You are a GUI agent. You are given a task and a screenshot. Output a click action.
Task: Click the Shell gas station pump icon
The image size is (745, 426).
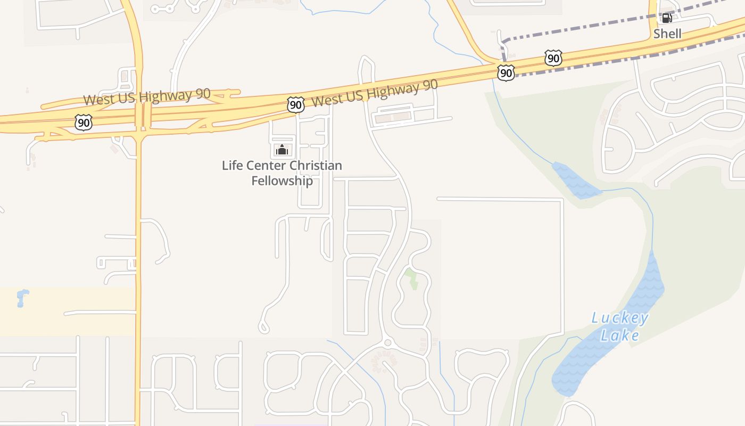click(x=666, y=18)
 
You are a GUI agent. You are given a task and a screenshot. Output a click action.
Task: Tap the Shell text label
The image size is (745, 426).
click(x=667, y=34)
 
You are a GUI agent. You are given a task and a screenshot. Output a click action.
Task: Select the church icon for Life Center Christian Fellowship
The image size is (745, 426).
click(x=282, y=150)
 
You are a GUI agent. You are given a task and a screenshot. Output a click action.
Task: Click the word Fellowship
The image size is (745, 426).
click(x=282, y=181)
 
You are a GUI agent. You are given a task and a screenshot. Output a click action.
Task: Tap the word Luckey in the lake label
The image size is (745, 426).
click(x=620, y=318)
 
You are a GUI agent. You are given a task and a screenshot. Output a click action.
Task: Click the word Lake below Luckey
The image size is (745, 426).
click(x=620, y=335)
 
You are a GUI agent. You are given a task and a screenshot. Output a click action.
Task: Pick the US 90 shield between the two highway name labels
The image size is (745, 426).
click(x=295, y=104)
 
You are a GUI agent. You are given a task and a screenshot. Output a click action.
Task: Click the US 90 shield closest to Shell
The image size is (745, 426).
click(x=553, y=58)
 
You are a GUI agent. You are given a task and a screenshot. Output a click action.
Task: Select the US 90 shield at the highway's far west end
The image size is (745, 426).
click(x=84, y=122)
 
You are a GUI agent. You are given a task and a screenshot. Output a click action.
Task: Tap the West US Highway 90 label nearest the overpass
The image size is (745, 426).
click(x=146, y=96)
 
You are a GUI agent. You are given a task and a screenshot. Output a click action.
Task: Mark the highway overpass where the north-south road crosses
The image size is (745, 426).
click(x=139, y=115)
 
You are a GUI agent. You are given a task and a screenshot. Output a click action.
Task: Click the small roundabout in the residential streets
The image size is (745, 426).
click(x=387, y=342)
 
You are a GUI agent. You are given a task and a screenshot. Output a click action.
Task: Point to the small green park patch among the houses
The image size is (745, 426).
click(x=411, y=278)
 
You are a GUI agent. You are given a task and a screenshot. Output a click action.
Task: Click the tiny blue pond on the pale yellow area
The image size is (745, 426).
click(x=22, y=297)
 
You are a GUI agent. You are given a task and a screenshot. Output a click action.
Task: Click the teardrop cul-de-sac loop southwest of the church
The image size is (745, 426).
click(x=263, y=326)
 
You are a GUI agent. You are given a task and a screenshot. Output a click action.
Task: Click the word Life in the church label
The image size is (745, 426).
click(x=232, y=166)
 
